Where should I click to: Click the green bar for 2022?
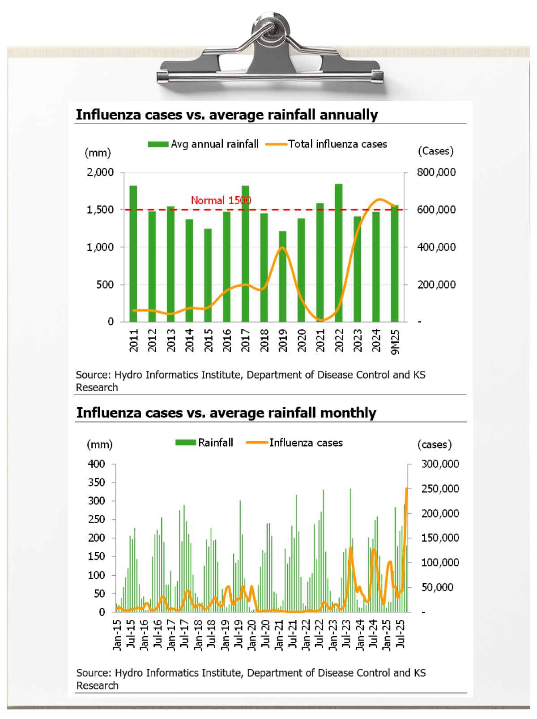tap(339, 253)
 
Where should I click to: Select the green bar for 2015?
tap(208, 275)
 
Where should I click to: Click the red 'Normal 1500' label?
tap(221, 200)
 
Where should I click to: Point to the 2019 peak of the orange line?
tap(282, 248)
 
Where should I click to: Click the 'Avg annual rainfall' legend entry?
tap(204, 144)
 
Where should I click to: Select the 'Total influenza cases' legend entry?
tap(327, 144)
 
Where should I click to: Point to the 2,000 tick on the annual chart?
tap(100, 172)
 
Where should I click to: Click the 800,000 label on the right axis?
tap(436, 172)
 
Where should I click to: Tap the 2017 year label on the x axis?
tap(245, 340)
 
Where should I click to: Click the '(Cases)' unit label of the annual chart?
tap(435, 151)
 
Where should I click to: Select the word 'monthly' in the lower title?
tap(348, 413)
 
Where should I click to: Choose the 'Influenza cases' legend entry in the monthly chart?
tap(295, 443)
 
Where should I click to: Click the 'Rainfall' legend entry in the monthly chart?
tap(205, 443)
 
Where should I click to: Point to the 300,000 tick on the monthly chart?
tap(440, 464)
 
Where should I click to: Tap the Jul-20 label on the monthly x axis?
tap(265, 634)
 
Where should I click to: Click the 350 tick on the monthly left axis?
tap(96, 482)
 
